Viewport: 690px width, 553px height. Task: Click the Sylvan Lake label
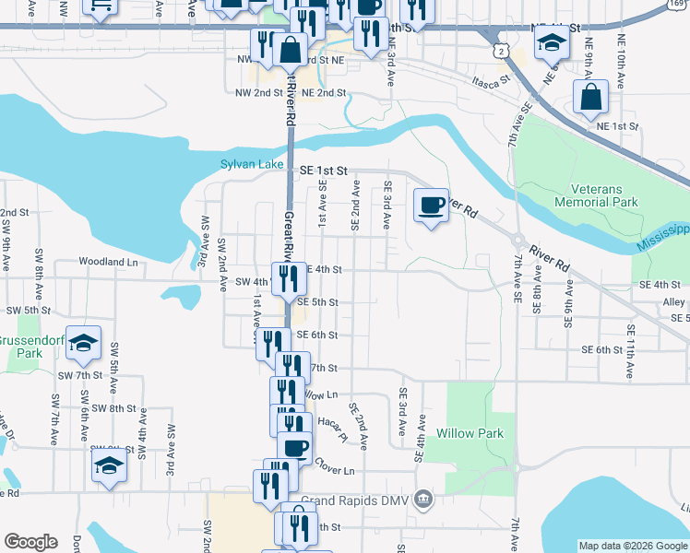coord(252,164)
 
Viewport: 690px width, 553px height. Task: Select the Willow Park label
coord(470,433)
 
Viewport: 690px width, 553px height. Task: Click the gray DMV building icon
coord(422,499)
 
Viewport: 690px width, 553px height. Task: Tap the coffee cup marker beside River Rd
coord(430,205)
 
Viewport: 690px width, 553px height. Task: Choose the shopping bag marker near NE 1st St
coord(589,98)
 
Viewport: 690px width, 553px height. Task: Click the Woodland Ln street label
coord(108,262)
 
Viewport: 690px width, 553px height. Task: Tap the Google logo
coord(30,542)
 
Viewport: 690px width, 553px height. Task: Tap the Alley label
coord(673,301)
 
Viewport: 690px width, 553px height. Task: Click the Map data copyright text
coord(633,546)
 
